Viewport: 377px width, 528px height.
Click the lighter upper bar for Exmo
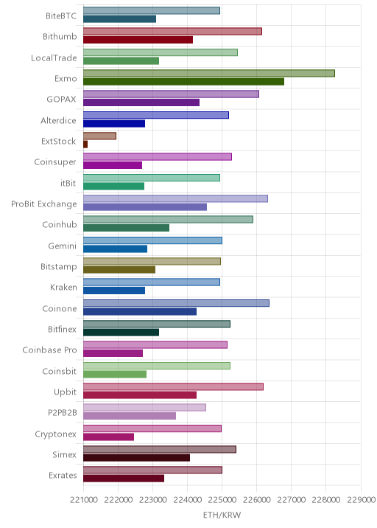[209, 74]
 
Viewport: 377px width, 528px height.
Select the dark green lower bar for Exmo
[183, 82]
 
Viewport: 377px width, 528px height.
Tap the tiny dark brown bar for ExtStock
[85, 145]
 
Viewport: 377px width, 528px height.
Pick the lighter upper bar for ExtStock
[99, 136]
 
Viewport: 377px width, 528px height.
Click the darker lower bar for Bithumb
[138, 40]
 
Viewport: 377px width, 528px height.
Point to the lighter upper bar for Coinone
[176, 303]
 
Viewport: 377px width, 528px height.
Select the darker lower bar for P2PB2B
[130, 416]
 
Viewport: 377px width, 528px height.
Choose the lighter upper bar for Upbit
[173, 386]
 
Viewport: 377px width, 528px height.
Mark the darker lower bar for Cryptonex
[109, 437]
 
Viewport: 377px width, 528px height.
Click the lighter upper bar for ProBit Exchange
[175, 198]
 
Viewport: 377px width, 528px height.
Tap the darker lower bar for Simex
[136, 458]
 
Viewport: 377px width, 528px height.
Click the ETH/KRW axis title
[222, 515]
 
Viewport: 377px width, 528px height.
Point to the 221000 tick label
[84, 500]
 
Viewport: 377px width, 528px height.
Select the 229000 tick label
[362, 500]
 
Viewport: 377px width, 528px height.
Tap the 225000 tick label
[222, 500]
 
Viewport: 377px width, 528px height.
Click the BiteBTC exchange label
[61, 15]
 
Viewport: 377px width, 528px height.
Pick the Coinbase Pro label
[50, 350]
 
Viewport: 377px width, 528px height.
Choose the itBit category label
[68, 183]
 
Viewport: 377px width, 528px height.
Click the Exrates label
[63, 475]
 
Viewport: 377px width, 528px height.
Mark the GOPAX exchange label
[62, 100]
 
